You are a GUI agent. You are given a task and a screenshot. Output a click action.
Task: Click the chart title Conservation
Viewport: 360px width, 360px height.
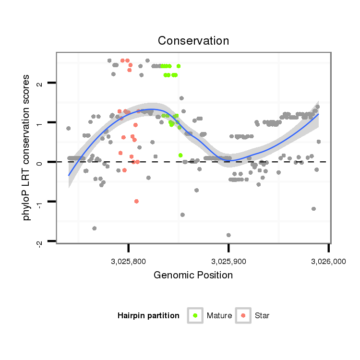point(193,41)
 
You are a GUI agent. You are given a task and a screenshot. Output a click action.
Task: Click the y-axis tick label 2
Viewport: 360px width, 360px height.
point(40,84)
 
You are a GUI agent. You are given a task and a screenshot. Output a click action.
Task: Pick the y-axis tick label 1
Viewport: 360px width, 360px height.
point(40,123)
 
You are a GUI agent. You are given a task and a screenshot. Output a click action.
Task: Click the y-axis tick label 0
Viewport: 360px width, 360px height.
point(40,162)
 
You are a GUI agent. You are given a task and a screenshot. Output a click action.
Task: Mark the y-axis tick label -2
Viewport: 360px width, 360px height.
point(40,242)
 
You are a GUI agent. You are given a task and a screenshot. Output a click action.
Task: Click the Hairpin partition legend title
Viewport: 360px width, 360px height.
point(148,316)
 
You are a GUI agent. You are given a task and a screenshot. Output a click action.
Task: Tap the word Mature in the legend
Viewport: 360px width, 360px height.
point(219,316)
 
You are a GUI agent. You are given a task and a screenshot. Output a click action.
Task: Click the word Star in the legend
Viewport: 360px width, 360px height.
point(262,316)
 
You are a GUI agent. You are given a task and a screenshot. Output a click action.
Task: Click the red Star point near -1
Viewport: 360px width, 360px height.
point(137,201)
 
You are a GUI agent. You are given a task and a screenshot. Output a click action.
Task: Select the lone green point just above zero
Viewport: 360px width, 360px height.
point(180,155)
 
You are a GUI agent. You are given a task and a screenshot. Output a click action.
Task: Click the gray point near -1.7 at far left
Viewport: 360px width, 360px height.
point(95,228)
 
